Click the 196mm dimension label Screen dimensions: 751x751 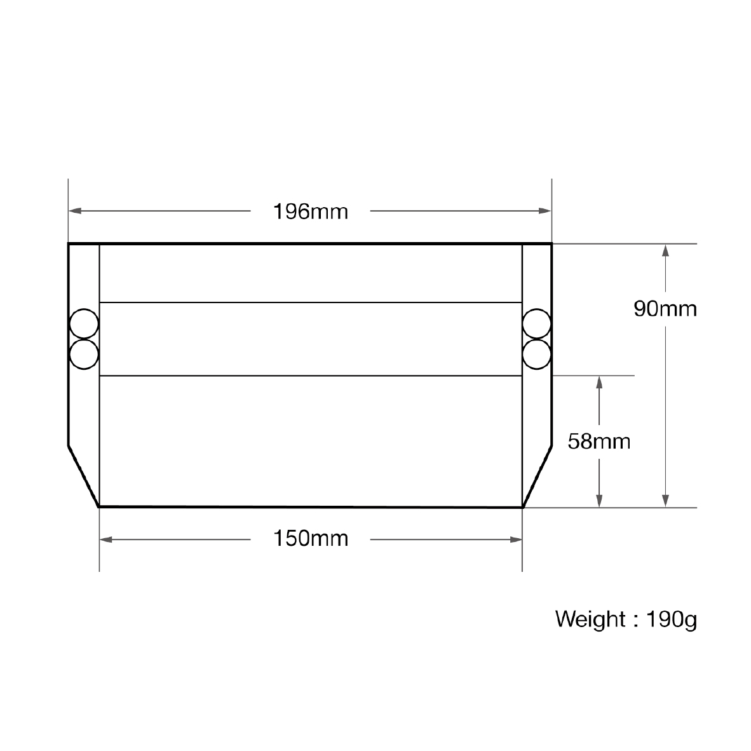(310, 212)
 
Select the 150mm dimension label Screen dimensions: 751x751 (310, 539)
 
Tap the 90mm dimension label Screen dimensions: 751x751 (665, 309)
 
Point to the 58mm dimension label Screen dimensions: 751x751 (599, 441)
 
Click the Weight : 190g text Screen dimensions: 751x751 (626, 619)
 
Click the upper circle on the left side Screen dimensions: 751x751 (84, 324)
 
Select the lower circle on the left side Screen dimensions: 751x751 (84, 355)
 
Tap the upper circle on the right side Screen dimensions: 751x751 (536, 324)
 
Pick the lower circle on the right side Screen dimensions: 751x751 (536, 355)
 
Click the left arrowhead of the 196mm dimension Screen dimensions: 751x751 (75, 211)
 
